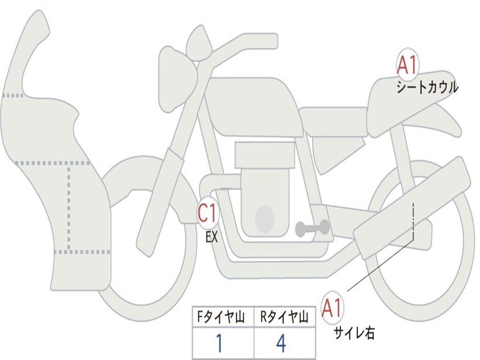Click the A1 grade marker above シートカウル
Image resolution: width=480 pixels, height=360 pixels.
[x=407, y=65]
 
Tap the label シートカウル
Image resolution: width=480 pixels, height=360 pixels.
[x=427, y=88]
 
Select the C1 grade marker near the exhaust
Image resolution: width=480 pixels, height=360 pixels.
[x=207, y=214]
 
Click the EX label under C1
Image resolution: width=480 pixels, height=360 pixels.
[x=212, y=237]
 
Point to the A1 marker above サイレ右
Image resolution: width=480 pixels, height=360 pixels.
[x=332, y=308]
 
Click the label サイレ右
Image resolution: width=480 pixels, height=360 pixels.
[x=354, y=333]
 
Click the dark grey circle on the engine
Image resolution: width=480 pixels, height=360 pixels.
[x=264, y=218]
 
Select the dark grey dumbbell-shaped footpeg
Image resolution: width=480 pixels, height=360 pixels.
[x=312, y=228]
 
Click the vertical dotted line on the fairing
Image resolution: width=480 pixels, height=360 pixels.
[x=69, y=206]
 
